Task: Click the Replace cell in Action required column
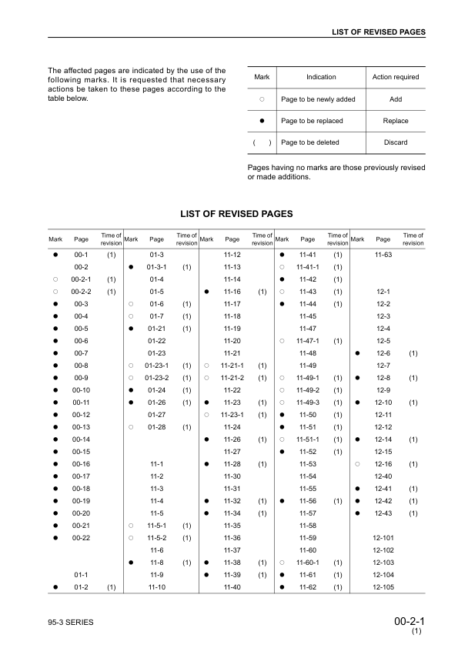point(395,121)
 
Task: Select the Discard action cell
point(395,142)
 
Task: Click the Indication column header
point(321,77)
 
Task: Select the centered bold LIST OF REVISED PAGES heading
point(236,213)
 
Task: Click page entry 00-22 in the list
point(81,538)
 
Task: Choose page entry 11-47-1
point(307,341)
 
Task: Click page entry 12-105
point(383,587)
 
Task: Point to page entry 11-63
point(383,255)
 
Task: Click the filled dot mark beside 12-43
point(358,513)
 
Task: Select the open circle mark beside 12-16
point(358,464)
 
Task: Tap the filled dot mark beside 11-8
point(132,563)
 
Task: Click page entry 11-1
point(156,464)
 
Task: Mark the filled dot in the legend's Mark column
point(262,121)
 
